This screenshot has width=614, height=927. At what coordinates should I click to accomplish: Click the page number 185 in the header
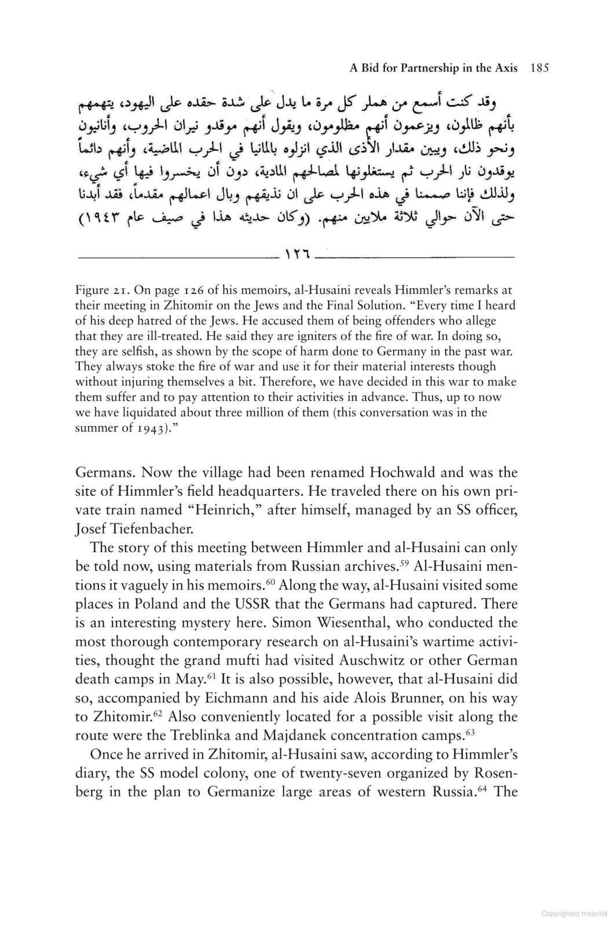539,68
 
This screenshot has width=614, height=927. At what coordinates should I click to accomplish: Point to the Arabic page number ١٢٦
297,254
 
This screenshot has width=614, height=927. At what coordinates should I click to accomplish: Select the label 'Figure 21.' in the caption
102,290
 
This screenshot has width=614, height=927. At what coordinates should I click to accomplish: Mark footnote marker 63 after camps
470,732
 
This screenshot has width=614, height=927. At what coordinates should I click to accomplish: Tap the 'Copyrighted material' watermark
573,914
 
